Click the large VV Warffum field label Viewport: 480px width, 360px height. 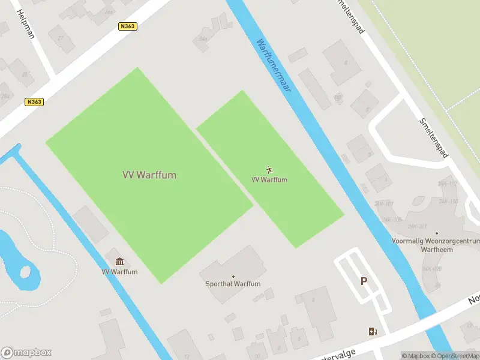click(x=149, y=175)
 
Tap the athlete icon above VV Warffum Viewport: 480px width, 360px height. click(x=269, y=170)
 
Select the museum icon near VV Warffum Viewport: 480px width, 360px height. click(x=119, y=262)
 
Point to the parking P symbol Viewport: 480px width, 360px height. click(x=364, y=281)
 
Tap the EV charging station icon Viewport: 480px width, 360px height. click(x=373, y=331)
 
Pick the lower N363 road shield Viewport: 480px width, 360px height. click(x=34, y=102)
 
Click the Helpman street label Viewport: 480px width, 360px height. click(x=26, y=24)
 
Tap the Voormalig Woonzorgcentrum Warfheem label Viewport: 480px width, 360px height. click(x=436, y=244)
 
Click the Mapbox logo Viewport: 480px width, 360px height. click(x=26, y=353)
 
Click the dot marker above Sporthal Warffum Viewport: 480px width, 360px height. click(x=233, y=277)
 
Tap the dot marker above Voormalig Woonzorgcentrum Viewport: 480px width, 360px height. click(x=437, y=233)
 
